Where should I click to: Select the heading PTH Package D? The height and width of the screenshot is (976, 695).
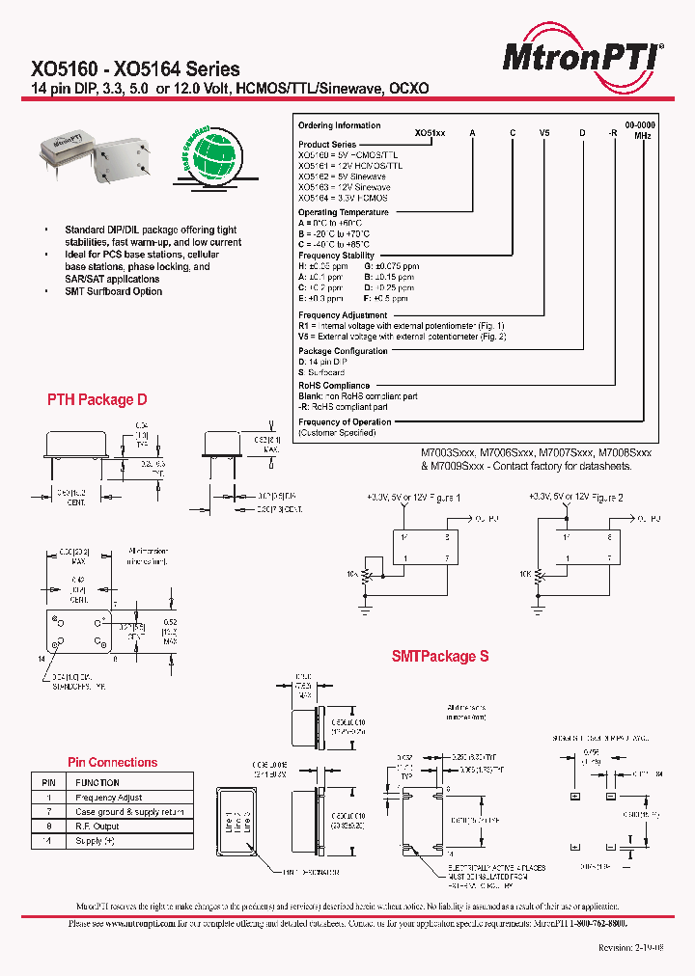tap(97, 399)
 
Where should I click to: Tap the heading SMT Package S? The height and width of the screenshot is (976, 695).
tap(440, 656)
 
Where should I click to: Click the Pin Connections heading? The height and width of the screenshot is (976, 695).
tap(112, 762)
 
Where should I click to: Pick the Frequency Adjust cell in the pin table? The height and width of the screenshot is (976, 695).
tap(109, 798)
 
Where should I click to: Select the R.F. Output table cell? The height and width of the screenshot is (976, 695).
tap(97, 827)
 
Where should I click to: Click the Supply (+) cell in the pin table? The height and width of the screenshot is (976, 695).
tap(96, 841)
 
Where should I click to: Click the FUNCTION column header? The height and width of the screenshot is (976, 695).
tap(97, 783)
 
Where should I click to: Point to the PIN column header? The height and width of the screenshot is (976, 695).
tap(47, 783)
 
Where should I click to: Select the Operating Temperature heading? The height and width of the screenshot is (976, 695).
tap(344, 212)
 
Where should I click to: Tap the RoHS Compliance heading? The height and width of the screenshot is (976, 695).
tap(334, 386)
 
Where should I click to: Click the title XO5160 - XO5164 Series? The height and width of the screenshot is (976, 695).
tap(136, 69)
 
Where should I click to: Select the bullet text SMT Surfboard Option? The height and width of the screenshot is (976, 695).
tap(113, 291)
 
